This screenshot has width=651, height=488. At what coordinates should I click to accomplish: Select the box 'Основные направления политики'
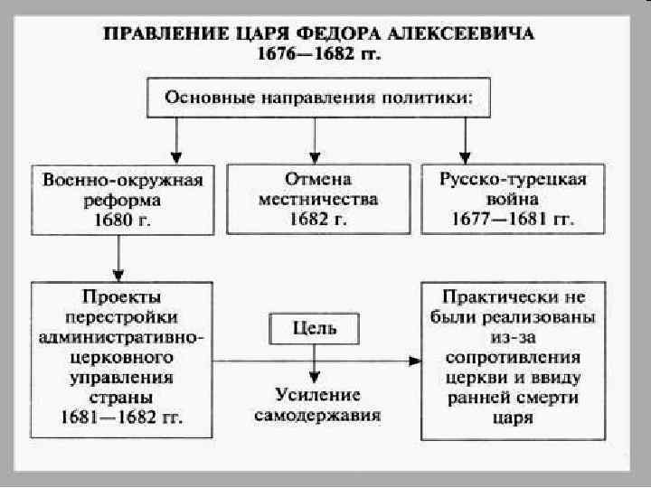317,97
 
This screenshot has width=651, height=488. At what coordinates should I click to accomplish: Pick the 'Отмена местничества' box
317,199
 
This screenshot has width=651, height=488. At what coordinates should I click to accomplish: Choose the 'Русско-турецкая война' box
513,199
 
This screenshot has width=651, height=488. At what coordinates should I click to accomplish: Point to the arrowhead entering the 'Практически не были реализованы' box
415,360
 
